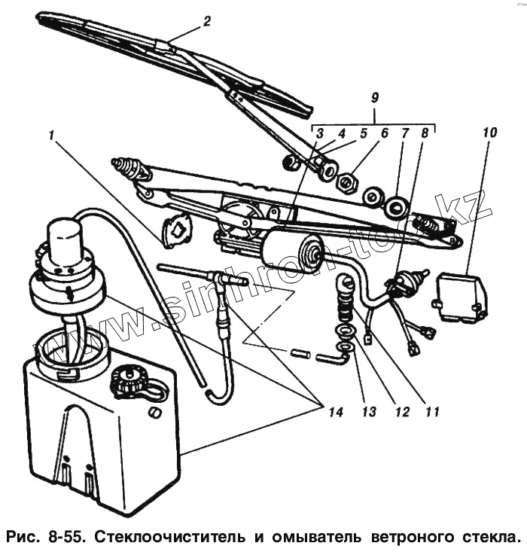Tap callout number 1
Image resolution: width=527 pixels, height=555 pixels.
pyautogui.click(x=50, y=136)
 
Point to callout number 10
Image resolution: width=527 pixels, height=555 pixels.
pyautogui.click(x=489, y=133)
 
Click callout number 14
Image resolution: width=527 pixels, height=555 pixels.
pyautogui.click(x=335, y=412)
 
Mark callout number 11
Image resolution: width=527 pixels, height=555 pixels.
pyautogui.click(x=431, y=412)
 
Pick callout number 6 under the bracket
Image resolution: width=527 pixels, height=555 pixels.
pyautogui.click(x=384, y=133)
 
